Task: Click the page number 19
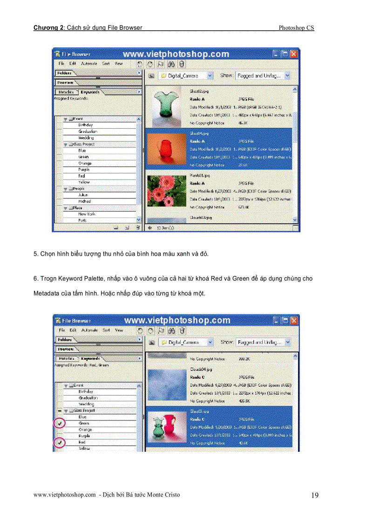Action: tap(315, 496)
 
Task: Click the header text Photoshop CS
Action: tap(296, 28)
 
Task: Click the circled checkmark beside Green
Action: tap(59, 423)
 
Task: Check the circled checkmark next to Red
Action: tap(59, 443)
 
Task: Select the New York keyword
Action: tap(87, 214)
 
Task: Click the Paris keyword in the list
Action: tap(82, 220)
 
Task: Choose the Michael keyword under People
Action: tap(85, 201)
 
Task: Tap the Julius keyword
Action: tap(83, 195)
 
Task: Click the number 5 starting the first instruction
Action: tap(35, 254)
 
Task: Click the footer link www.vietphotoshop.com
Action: tap(65, 495)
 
